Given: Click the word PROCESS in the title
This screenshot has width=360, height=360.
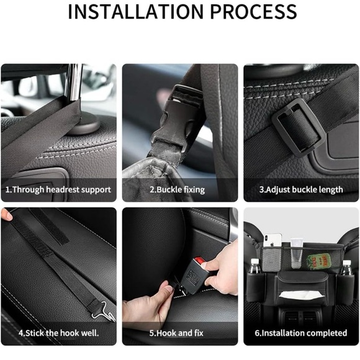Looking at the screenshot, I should [253, 12].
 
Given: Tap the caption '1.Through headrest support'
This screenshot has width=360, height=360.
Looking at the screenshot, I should [58, 189].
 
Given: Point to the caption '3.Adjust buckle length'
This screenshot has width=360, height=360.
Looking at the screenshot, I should [301, 189].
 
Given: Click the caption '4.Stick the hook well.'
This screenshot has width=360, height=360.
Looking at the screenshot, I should [58, 333].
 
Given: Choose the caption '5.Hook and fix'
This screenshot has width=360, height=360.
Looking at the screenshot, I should [179, 333].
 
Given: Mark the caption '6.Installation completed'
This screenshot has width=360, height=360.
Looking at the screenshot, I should [301, 333].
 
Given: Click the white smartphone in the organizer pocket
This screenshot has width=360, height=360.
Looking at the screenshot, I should [273, 244].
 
